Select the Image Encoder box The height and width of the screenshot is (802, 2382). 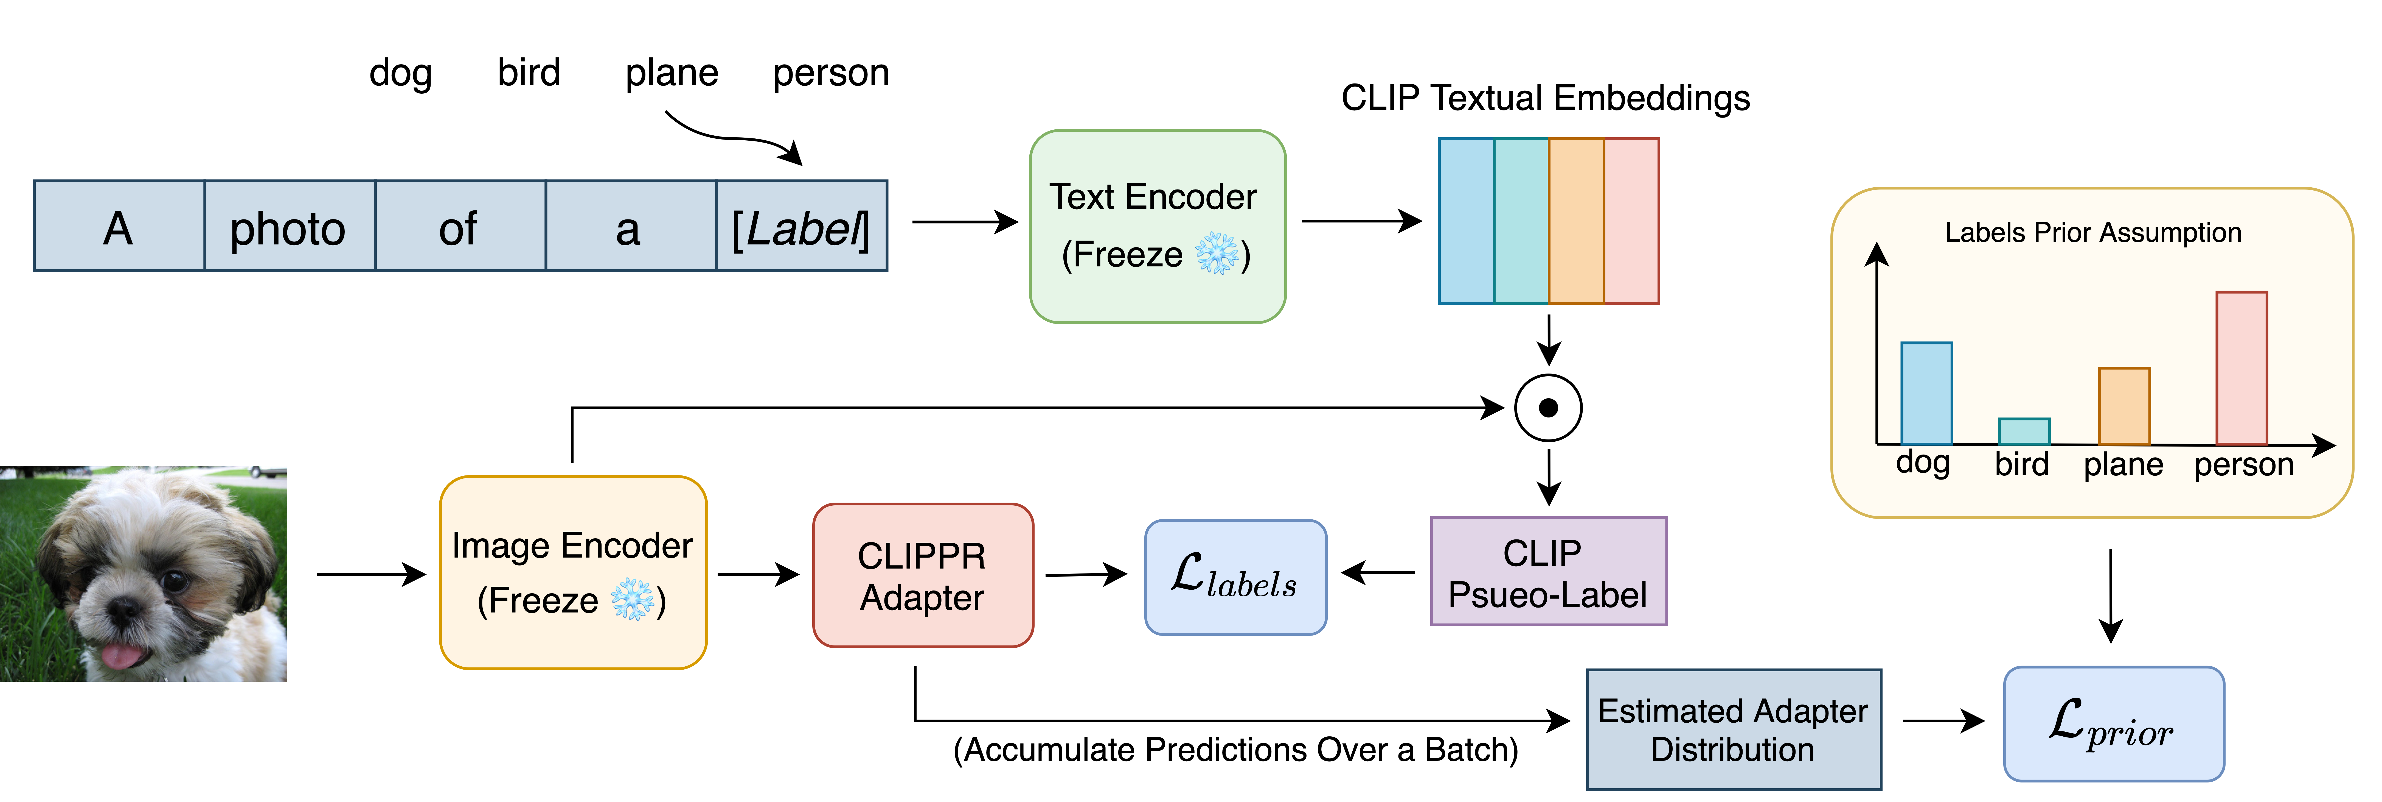click(x=572, y=573)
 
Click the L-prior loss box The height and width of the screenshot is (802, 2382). click(x=2113, y=724)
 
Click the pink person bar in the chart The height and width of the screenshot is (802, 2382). click(x=2241, y=368)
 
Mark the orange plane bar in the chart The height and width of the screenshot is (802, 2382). click(x=2124, y=406)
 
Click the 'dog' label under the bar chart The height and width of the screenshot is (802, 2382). click(x=1922, y=463)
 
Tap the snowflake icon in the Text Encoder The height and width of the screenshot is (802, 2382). click(x=1217, y=254)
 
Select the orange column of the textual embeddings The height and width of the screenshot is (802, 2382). click(x=1576, y=221)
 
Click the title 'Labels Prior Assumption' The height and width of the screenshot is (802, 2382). click(x=2092, y=232)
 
